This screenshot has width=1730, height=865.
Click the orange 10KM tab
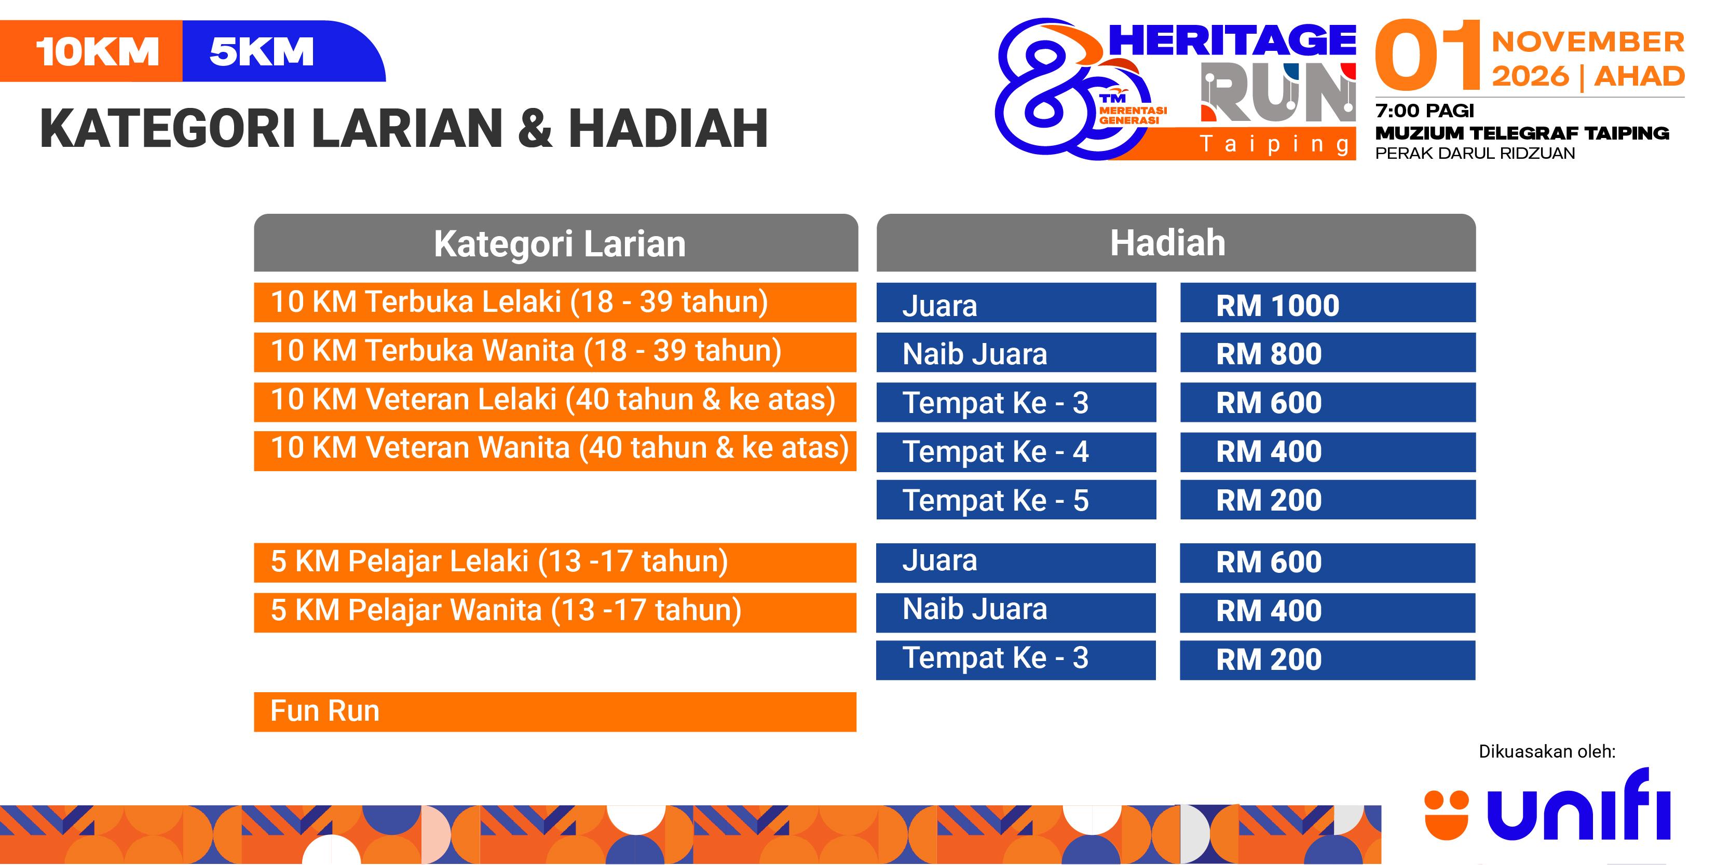click(x=91, y=51)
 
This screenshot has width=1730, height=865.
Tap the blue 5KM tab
click(x=282, y=51)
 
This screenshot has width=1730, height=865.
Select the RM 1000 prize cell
click(x=1328, y=303)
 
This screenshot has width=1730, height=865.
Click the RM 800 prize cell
click(x=1328, y=352)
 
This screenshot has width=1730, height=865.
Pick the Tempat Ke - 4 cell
click(x=1016, y=452)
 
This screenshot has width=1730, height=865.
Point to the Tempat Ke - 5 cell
click(x=1016, y=500)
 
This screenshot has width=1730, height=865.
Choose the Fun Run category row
click(x=555, y=712)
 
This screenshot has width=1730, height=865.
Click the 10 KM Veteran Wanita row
click(x=555, y=450)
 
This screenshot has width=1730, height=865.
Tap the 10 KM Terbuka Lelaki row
click(x=555, y=302)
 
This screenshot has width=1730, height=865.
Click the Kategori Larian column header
click(x=556, y=242)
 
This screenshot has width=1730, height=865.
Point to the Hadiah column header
click(x=1176, y=242)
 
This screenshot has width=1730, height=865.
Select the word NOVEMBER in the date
click(x=1588, y=42)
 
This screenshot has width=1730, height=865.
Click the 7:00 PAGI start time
click(x=1424, y=110)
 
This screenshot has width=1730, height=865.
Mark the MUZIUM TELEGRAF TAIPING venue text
click(x=1522, y=133)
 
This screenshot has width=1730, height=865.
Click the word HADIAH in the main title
click(x=668, y=128)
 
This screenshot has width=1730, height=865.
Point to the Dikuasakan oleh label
click(x=1547, y=751)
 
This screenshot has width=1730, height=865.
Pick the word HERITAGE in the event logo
click(x=1232, y=40)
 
